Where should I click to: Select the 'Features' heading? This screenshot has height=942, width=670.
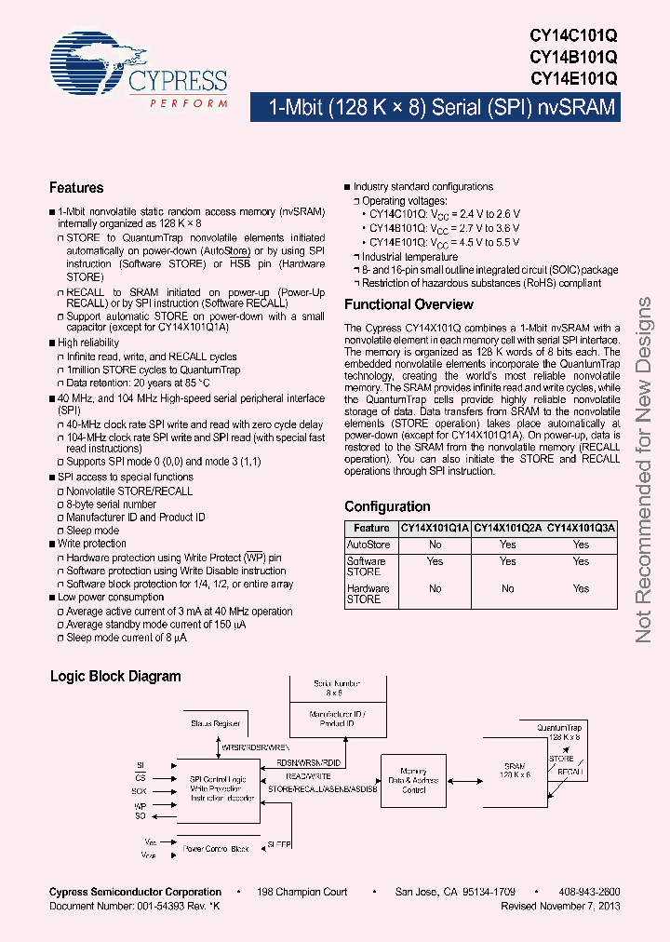[x=76, y=188]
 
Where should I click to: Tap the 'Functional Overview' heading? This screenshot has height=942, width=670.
[x=409, y=304]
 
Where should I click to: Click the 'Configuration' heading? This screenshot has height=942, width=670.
[x=387, y=506]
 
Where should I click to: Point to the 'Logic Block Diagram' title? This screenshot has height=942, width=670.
[x=115, y=677]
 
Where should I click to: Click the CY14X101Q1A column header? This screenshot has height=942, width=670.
[x=435, y=528]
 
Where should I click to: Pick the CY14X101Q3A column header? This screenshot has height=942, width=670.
[x=581, y=528]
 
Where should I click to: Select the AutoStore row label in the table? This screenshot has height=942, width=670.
[x=368, y=545]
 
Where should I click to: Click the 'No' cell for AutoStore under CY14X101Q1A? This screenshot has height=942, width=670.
[x=435, y=545]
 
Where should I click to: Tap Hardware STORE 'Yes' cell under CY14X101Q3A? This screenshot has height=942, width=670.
[x=581, y=588]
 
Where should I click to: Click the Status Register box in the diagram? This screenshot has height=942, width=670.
[x=216, y=723]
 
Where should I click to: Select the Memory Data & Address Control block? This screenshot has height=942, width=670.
[x=414, y=779]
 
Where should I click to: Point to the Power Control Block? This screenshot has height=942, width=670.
[x=216, y=848]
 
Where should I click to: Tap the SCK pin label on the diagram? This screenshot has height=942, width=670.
[x=139, y=790]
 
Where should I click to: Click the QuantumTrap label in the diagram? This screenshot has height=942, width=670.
[x=561, y=726]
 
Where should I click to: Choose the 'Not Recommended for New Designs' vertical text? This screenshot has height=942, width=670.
[x=644, y=470]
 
